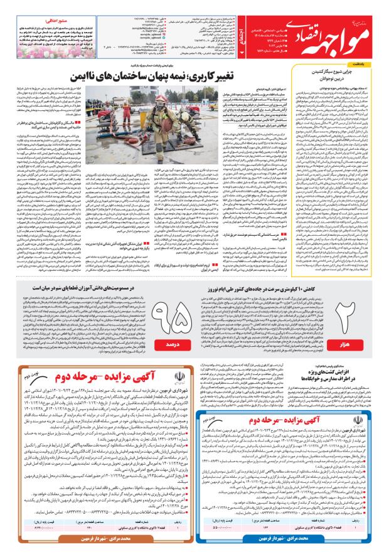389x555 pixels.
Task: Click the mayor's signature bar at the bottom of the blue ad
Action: (285, 539)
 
